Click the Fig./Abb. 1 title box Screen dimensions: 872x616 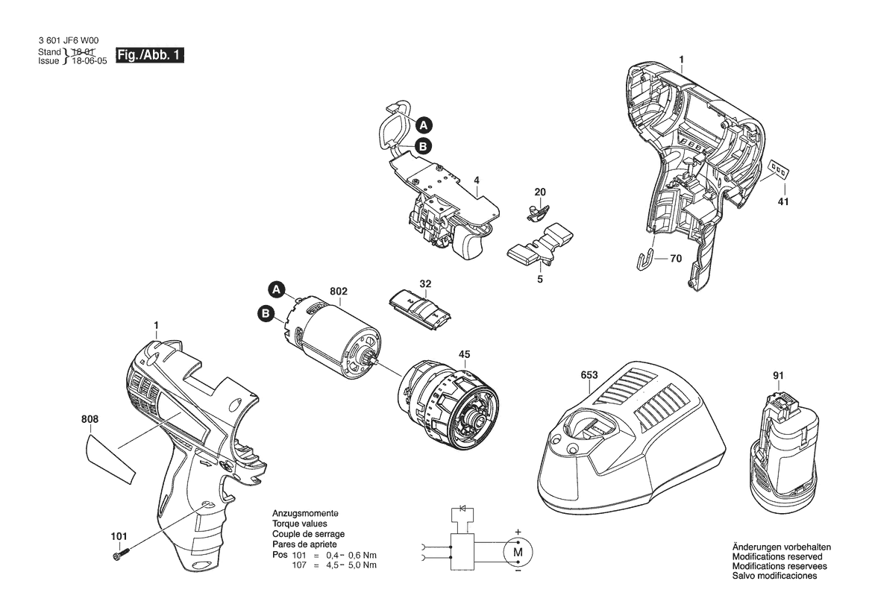150,55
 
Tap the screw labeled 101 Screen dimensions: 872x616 122,554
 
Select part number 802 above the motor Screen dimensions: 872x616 339,292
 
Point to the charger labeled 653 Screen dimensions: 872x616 631,439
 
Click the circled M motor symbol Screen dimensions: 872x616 518,552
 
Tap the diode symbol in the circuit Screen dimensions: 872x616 462,509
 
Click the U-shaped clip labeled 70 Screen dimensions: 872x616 644,260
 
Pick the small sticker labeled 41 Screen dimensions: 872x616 778,169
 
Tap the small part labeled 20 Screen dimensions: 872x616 537,211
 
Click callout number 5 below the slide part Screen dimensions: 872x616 540,279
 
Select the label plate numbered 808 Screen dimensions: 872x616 111,460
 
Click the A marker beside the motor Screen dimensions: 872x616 277,289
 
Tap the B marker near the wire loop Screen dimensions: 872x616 423,146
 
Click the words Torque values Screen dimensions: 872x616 300,524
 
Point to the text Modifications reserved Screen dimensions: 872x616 777,556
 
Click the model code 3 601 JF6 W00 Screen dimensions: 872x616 69,40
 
